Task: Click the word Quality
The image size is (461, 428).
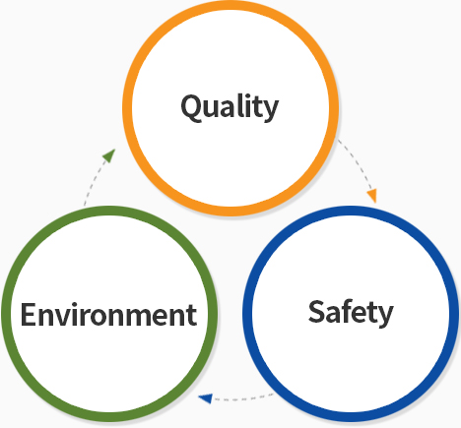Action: point(230,107)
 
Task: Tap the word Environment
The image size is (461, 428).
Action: point(108,315)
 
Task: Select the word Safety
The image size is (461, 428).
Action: point(351,313)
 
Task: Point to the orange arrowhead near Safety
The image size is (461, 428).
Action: point(372,196)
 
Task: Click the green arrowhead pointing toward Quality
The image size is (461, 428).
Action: point(109,155)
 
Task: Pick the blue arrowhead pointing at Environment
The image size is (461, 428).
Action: point(206,398)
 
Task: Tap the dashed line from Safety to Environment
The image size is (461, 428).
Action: point(243,398)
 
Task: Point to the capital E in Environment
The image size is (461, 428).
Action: point(28,315)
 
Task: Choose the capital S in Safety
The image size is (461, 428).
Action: point(316,311)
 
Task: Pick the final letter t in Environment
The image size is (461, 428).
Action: point(191,316)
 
